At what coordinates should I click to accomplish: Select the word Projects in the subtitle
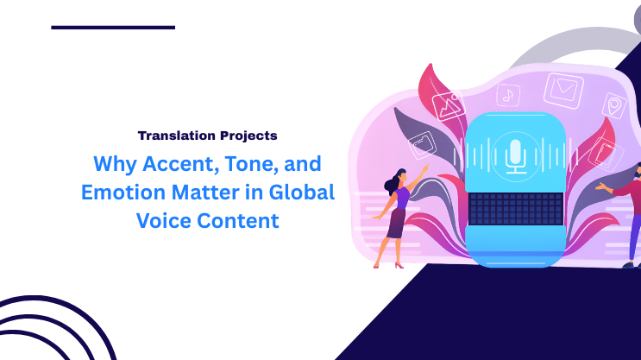click(247, 136)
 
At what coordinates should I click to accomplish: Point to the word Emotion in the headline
click(119, 192)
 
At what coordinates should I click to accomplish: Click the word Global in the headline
click(302, 192)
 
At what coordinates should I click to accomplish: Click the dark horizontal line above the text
click(113, 28)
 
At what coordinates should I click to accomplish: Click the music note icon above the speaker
click(510, 94)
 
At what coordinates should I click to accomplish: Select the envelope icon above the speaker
click(564, 87)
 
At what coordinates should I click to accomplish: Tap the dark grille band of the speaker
click(514, 207)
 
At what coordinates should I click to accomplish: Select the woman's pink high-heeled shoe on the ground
click(399, 264)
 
